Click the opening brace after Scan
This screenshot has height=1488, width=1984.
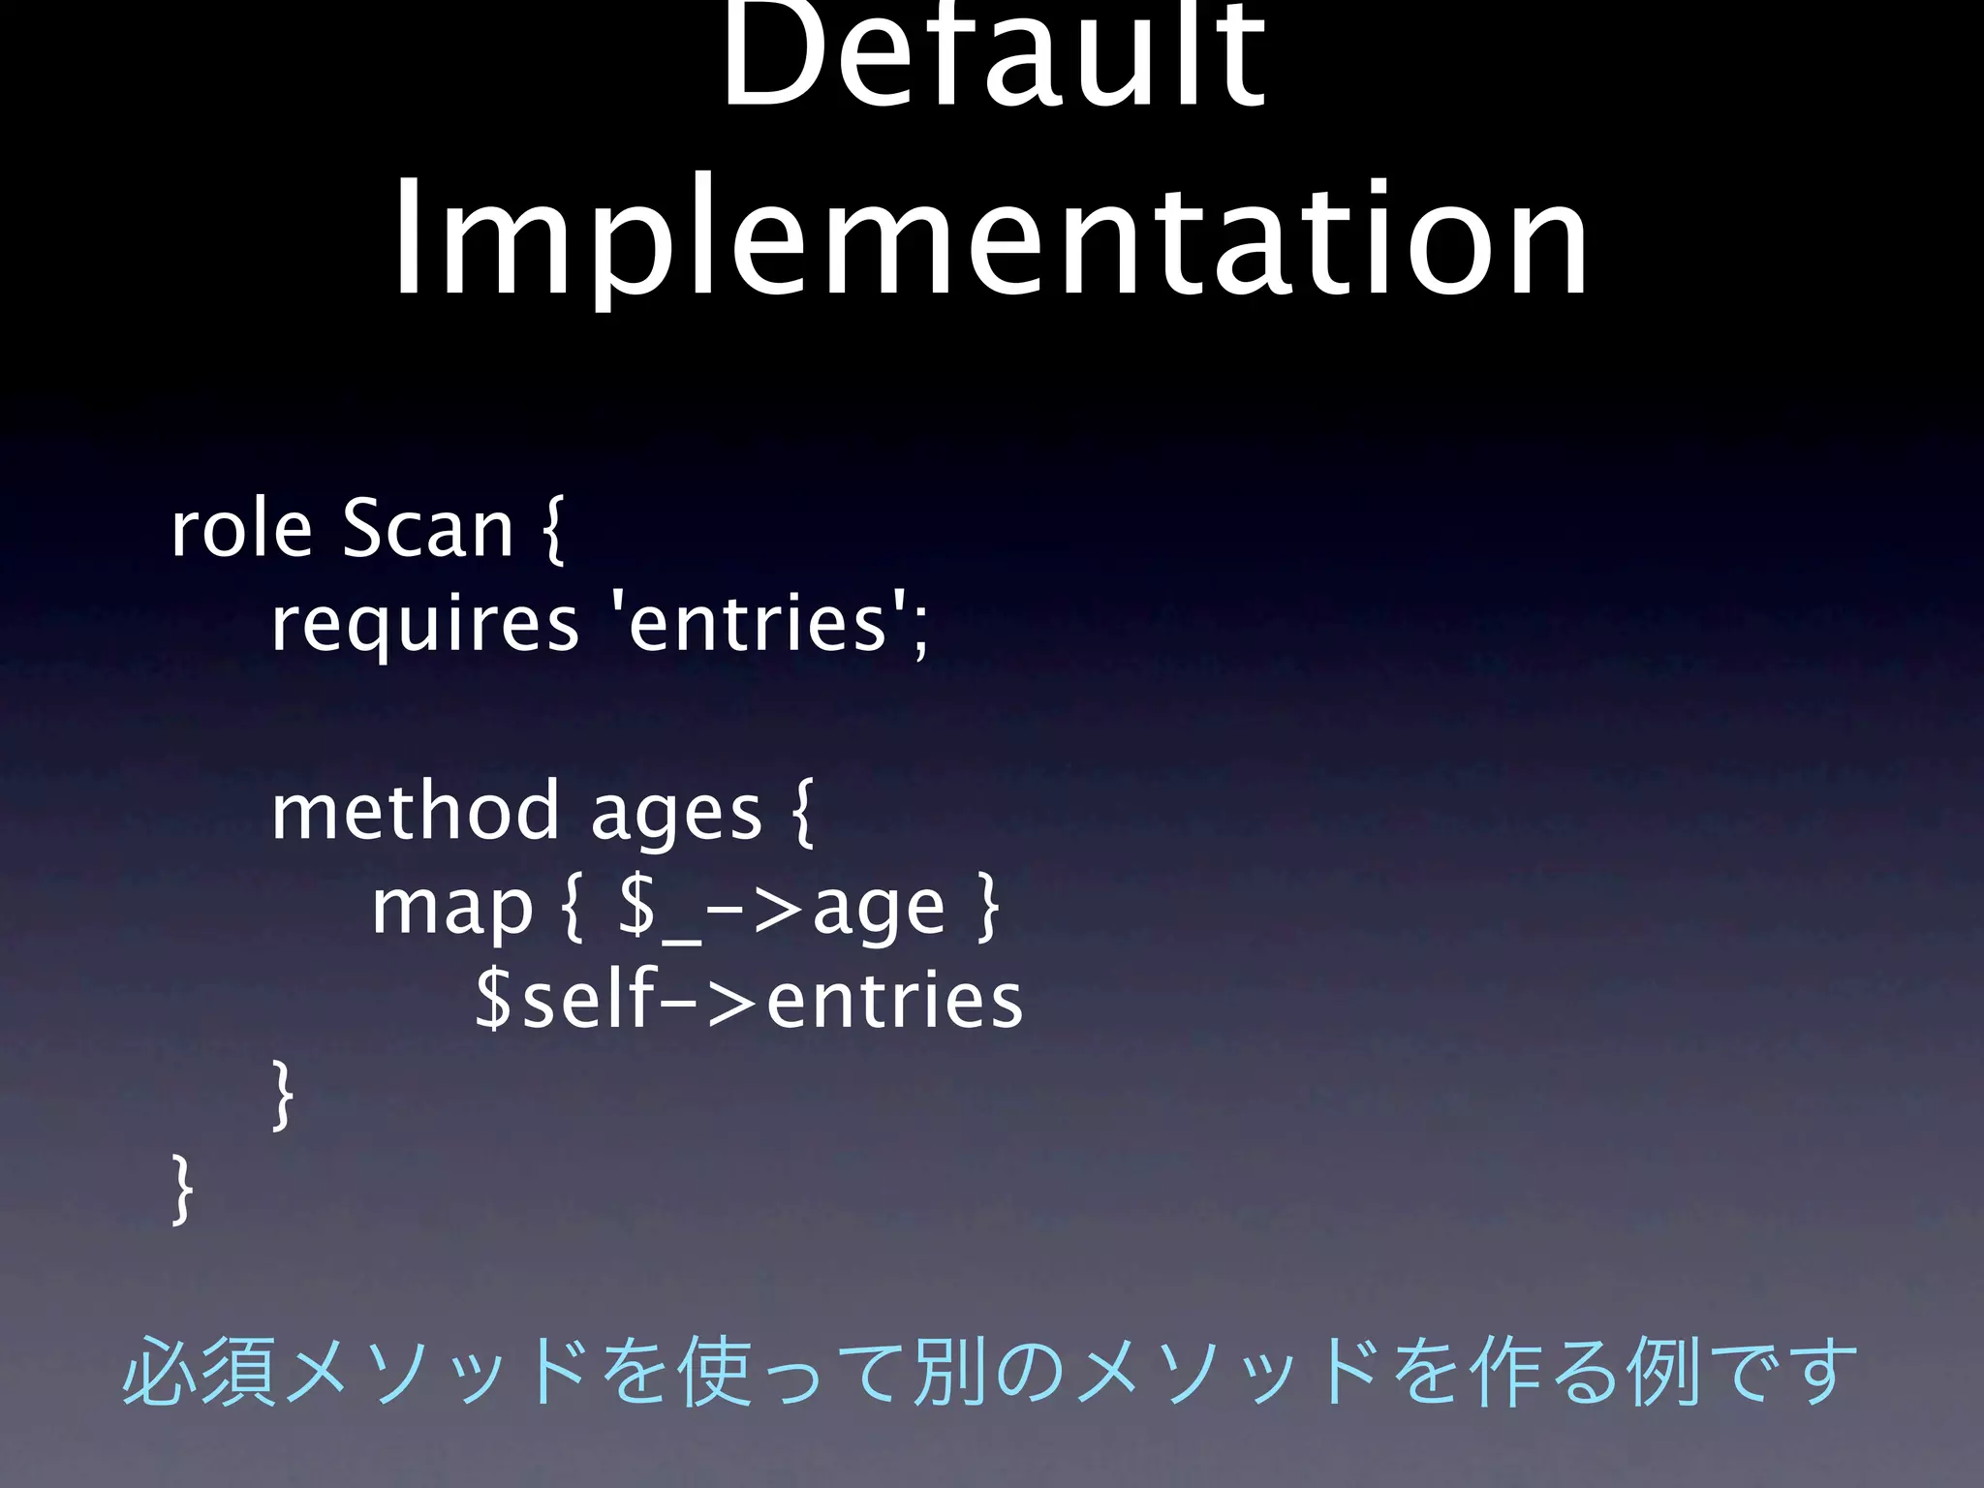click(x=551, y=532)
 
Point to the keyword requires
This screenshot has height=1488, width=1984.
click(x=424, y=625)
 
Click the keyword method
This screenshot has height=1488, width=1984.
click(x=415, y=812)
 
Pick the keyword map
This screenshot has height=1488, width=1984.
click(x=452, y=910)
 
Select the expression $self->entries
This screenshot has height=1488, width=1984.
click(x=749, y=1001)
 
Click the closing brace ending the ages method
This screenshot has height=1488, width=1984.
click(x=281, y=1095)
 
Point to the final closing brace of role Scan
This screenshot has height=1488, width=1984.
click(x=181, y=1190)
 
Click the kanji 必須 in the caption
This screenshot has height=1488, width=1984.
click(x=201, y=1372)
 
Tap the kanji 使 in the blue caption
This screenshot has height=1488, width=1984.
click(x=717, y=1372)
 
